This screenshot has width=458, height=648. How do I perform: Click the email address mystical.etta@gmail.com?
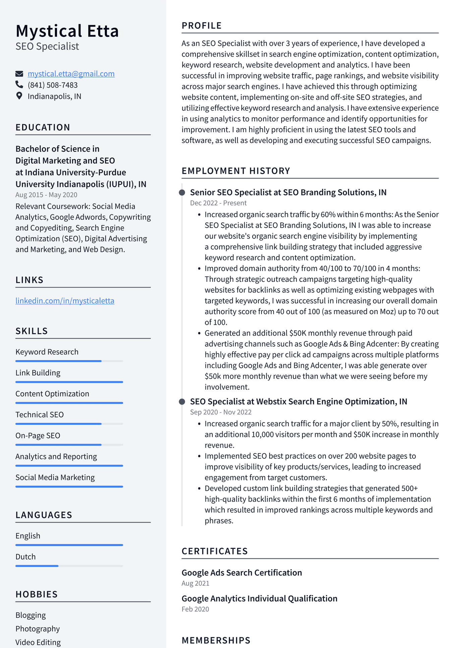click(71, 74)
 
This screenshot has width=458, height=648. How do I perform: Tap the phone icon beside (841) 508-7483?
click(19, 85)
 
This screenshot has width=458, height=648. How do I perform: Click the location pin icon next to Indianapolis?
click(19, 96)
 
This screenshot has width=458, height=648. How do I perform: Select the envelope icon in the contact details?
click(19, 74)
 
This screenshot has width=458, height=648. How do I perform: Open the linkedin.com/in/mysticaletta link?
click(65, 301)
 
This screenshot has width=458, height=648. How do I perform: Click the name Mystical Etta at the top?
click(67, 31)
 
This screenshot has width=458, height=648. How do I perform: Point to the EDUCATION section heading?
click(43, 128)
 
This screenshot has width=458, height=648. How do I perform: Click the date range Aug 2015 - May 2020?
click(46, 195)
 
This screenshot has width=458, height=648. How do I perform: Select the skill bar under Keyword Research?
click(69, 361)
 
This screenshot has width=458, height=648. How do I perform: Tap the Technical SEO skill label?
click(40, 415)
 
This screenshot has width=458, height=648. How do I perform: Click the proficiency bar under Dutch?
click(69, 566)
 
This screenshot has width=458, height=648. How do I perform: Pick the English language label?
click(28, 536)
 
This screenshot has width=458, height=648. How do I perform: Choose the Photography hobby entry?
click(38, 629)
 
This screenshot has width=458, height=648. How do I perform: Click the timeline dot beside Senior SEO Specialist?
click(182, 193)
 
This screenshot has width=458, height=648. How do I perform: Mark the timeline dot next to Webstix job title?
click(182, 402)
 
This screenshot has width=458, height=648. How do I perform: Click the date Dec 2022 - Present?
click(218, 203)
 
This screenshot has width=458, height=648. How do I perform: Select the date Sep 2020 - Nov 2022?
click(221, 412)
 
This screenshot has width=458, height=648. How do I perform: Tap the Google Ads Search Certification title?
click(242, 573)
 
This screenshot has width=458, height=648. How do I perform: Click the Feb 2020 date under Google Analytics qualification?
click(195, 609)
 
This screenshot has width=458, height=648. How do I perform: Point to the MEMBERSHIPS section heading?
click(216, 640)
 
